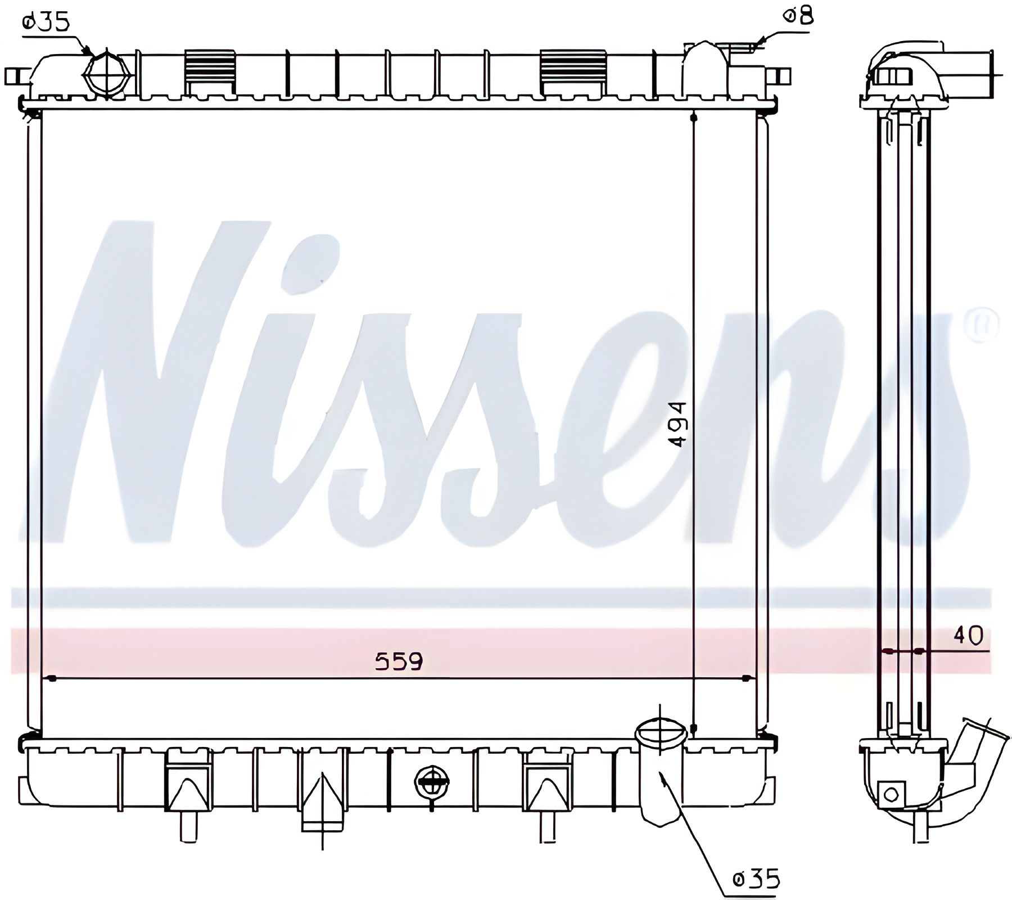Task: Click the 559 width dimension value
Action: tap(399, 661)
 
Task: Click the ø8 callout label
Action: tap(798, 16)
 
